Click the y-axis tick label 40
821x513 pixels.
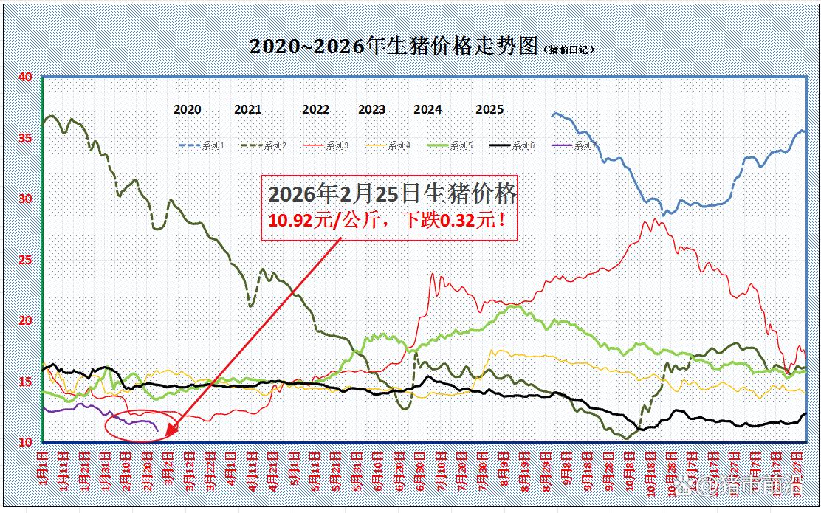tap(25, 77)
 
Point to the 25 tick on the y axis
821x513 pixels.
tap(25, 260)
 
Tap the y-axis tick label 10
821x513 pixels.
tap(25, 442)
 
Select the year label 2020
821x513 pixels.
tap(188, 109)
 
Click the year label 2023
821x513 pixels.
tap(371, 109)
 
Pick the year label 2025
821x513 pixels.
tap(489, 109)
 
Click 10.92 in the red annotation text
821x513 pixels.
tap(287, 220)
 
